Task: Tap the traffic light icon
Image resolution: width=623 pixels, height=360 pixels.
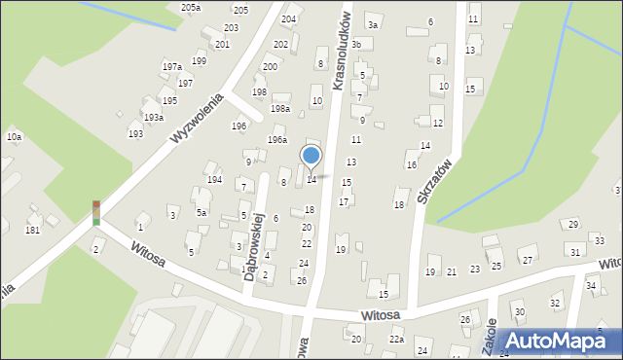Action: [96, 213]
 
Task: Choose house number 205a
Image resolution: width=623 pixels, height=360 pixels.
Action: [191, 7]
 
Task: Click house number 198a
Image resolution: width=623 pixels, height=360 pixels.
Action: [280, 109]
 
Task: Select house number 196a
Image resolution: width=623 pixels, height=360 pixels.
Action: [277, 139]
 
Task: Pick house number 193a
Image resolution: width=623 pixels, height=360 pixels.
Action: [153, 117]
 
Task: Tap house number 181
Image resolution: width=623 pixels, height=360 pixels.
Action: [32, 231]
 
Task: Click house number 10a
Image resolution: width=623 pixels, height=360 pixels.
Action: [14, 137]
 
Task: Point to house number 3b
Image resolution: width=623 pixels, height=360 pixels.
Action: [357, 44]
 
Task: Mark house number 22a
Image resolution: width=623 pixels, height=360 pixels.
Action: [396, 339]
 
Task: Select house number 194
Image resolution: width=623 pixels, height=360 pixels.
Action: [214, 180]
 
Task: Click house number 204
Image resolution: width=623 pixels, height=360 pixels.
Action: [289, 18]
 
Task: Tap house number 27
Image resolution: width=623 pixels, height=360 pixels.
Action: [528, 260]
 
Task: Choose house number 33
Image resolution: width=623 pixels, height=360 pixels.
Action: [602, 240]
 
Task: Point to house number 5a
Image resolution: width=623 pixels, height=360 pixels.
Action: [202, 212]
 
